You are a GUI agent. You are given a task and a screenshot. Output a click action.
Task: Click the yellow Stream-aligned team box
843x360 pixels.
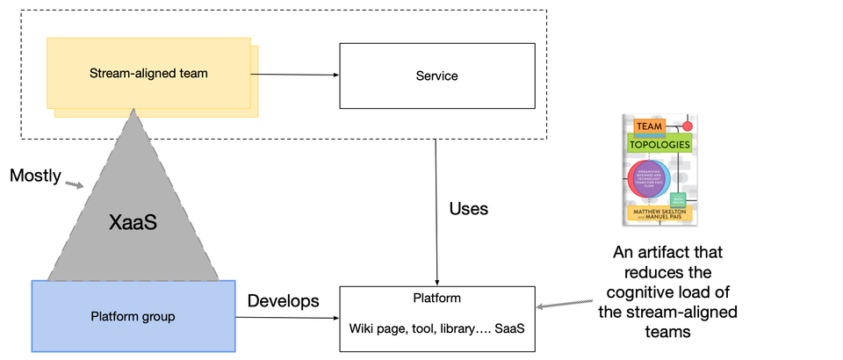(149, 74)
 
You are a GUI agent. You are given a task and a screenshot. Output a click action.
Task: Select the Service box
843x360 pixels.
(436, 76)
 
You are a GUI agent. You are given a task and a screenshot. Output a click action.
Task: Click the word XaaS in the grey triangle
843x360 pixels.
(133, 224)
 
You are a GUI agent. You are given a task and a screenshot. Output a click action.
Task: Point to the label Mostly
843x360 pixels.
(35, 176)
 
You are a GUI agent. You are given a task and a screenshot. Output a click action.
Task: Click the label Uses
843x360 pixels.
(469, 209)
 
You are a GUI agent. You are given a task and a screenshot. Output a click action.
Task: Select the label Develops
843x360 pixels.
(283, 301)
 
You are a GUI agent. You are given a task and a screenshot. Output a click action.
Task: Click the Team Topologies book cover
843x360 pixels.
(659, 169)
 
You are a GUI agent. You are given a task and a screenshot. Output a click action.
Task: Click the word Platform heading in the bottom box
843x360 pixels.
(436, 298)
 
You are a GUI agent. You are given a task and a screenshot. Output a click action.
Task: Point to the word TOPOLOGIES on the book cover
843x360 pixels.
(659, 143)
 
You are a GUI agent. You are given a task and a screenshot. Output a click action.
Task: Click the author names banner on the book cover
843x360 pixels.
(659, 212)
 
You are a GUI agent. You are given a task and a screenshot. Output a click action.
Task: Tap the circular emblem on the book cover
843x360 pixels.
(652, 177)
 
